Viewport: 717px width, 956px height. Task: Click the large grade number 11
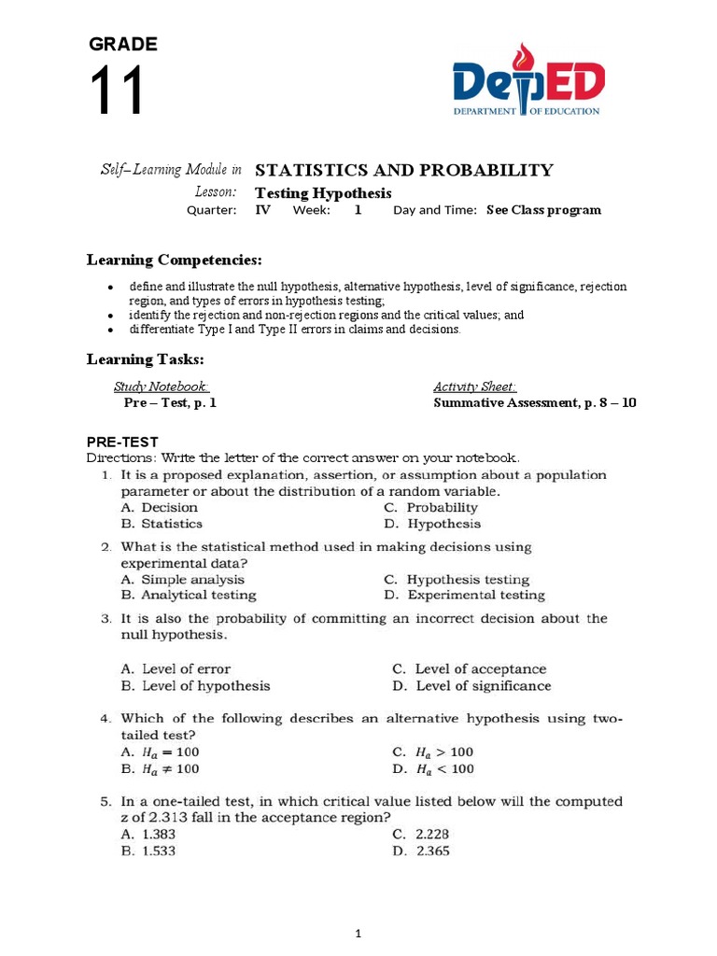coord(117,91)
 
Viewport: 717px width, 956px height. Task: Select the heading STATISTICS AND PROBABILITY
coord(403,170)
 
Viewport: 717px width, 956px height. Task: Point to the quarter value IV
coord(263,210)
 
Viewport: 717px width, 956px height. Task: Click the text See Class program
coord(543,210)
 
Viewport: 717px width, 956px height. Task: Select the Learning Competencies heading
coord(175,259)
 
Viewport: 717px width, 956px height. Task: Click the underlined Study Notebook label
coord(161,387)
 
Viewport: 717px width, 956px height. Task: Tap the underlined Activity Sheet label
coord(474,387)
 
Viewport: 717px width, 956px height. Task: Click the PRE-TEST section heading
coord(122,442)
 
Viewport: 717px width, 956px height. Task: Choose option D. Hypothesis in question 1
coord(431,524)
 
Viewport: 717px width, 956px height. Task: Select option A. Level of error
coord(176,668)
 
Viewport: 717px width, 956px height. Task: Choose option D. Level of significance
coord(471,685)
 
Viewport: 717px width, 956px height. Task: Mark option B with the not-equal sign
coord(160,769)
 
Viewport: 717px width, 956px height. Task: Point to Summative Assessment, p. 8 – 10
coord(535,403)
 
